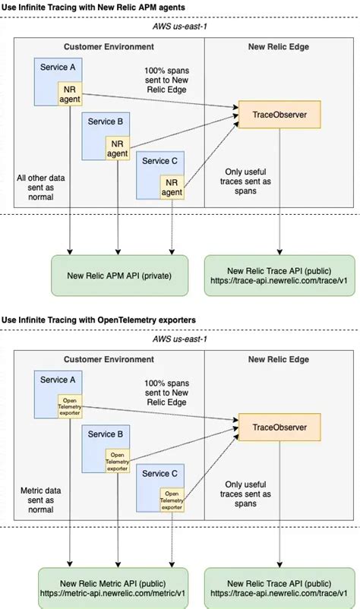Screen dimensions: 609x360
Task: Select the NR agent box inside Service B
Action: [x=117, y=148]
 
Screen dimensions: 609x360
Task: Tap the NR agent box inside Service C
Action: [x=172, y=187]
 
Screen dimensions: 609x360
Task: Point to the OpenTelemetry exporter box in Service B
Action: [x=118, y=460]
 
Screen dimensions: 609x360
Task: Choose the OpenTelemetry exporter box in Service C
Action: [x=172, y=499]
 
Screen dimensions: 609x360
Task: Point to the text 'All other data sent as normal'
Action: [x=35, y=188]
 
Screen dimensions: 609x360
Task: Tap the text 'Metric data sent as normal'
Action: [x=35, y=500]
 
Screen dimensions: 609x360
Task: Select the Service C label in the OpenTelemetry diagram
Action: [x=160, y=474]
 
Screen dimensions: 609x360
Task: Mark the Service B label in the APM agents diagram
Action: [x=106, y=121]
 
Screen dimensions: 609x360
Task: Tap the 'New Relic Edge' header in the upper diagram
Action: [x=278, y=46]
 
